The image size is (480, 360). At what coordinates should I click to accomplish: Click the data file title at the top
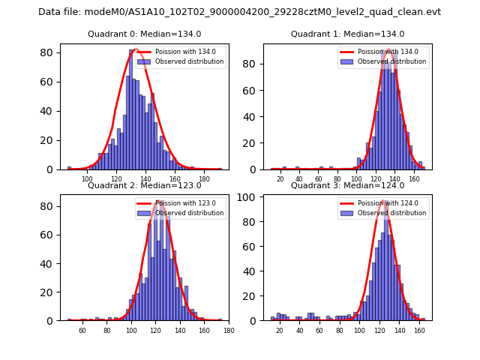click(239, 12)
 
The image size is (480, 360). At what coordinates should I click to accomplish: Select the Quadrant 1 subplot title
click(347, 34)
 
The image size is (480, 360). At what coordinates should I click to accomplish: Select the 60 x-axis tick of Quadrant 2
click(82, 330)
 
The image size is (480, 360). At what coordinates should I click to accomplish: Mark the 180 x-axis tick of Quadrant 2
click(229, 330)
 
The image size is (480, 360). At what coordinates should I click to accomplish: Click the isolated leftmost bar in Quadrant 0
click(69, 167)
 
